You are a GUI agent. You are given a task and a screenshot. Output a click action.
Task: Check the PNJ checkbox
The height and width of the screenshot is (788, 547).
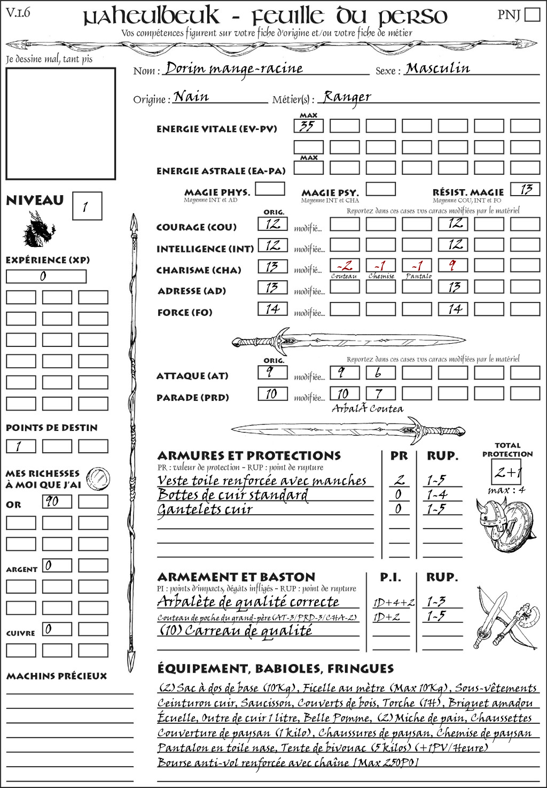[532, 14]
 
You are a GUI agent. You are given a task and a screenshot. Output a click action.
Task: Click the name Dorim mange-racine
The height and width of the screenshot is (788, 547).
[234, 69]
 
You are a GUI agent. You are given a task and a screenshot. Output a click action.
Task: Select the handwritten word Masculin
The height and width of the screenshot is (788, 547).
[437, 68]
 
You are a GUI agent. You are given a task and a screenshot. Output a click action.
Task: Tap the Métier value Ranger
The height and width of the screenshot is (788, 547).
[347, 97]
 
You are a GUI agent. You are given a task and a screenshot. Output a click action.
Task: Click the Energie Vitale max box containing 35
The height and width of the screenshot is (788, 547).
[308, 126]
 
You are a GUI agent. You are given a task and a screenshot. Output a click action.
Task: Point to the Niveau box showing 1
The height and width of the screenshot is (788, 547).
[87, 206]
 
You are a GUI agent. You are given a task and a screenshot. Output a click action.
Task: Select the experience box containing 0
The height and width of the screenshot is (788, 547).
[46, 276]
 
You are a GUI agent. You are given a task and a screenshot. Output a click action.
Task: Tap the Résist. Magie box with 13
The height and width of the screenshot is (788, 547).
[525, 189]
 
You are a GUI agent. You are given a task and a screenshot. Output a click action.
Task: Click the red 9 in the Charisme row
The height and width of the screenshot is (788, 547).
[453, 266]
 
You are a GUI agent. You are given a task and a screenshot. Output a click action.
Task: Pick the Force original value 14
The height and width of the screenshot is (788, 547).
[272, 309]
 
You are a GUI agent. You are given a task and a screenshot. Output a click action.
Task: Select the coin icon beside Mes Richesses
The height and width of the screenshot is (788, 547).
[98, 477]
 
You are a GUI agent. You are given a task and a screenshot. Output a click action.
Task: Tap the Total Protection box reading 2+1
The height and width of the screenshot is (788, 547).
[506, 472]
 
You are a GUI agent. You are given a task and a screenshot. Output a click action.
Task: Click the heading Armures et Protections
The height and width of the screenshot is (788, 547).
[249, 456]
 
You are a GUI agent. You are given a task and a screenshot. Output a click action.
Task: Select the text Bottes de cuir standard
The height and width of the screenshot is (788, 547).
[233, 495]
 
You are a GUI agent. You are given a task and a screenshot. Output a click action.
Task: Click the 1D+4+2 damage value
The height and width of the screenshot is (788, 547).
[394, 602]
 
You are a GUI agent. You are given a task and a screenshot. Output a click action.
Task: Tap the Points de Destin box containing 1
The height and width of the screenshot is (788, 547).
[21, 446]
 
